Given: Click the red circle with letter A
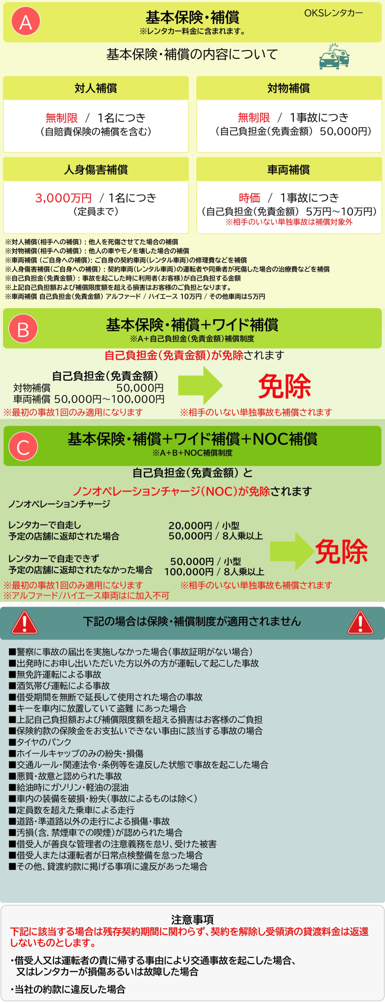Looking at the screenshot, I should click(26, 22).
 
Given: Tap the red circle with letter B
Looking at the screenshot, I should click(23, 329).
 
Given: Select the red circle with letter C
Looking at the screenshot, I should click(23, 446).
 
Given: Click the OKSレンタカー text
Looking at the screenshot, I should click(334, 13).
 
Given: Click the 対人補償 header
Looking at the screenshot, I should click(96, 88).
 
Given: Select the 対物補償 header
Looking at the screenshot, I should click(288, 88).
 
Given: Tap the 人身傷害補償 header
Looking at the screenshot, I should click(96, 170).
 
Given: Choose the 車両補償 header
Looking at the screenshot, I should click(288, 170).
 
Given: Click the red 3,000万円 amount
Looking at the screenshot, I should click(63, 198).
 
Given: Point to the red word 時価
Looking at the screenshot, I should click(249, 198).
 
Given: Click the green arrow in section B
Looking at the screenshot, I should click(200, 385).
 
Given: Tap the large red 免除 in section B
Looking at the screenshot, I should click(284, 386).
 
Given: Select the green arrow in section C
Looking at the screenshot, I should click(292, 551).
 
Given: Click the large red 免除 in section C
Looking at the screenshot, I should click(341, 552).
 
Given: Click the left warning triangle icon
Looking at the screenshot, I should click(25, 623).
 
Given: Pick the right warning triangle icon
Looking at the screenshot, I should click(360, 623).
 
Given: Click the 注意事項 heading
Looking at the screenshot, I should click(192, 920).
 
